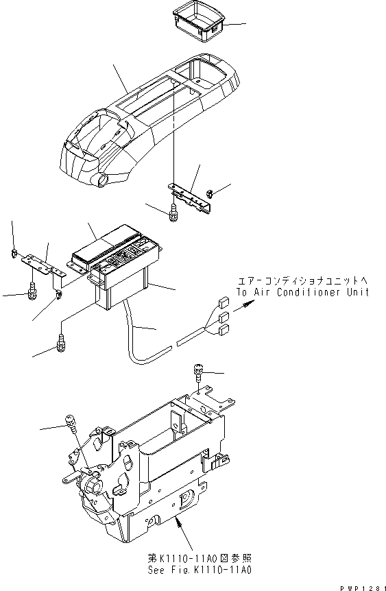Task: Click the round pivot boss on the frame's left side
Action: tap(93, 487)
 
